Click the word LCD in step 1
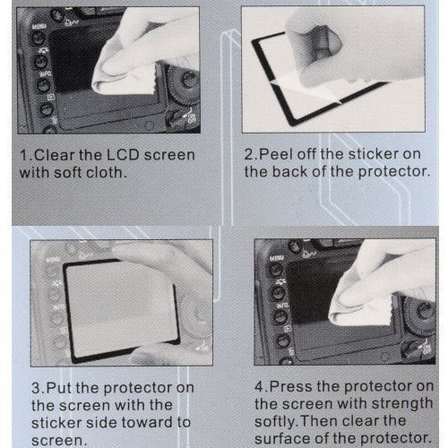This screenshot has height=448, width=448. coord(123,155)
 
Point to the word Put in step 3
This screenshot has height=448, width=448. coord(59,388)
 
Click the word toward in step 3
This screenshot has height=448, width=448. coord(147,422)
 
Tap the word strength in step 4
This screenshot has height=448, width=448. coord(402,404)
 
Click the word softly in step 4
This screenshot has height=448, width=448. coord(274,421)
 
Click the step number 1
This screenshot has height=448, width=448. coord(24,155)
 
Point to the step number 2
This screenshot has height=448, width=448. coord(249,154)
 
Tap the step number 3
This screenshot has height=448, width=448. coord(37,388)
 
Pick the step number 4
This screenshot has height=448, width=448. coord(260,386)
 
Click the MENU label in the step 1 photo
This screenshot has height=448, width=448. coord(39,27)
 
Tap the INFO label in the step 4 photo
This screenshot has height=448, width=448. coord(282,306)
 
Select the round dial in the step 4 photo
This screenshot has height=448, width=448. coord(421,314)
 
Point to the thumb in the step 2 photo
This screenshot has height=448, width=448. coord(314,45)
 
